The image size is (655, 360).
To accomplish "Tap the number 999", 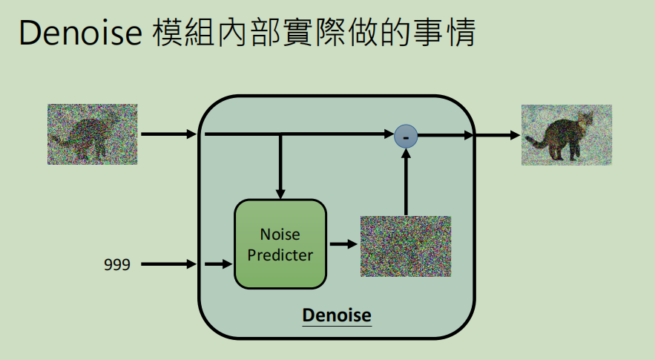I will (117, 264).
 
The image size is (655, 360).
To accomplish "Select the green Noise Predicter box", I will (280, 244).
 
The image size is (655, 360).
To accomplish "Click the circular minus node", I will (406, 135).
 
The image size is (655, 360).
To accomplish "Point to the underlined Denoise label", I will (336, 315).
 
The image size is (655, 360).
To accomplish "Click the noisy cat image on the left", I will (92, 134).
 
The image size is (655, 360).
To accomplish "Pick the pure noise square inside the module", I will (406, 246).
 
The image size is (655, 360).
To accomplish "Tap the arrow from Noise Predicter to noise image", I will (342, 243).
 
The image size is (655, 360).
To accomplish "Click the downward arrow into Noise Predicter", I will (280, 167).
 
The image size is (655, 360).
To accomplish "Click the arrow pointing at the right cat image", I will (497, 135).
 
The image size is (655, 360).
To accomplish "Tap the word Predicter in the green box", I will (280, 255).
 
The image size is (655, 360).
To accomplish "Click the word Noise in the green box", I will (280, 235).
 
